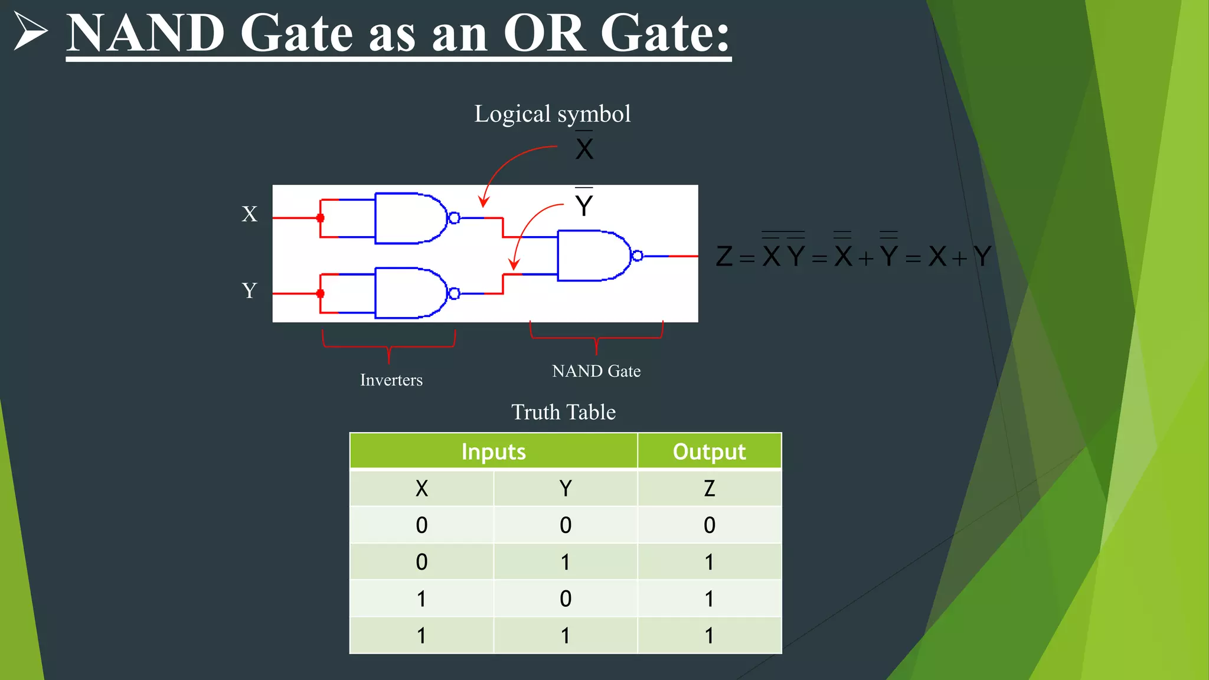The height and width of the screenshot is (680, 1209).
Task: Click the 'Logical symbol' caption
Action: point(552,113)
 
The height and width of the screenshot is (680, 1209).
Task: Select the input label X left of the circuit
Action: point(250,214)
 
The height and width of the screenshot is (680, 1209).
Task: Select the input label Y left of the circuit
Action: point(250,290)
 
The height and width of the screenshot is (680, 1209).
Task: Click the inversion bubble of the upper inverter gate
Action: point(454,218)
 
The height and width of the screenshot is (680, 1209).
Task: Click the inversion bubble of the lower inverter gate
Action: point(454,293)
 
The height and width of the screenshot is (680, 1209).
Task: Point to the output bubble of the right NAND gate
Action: point(637,256)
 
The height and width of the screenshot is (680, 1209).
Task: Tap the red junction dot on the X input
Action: point(321,218)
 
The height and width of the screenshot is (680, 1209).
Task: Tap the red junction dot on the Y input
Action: point(321,293)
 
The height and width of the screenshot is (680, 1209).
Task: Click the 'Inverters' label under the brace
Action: point(391,380)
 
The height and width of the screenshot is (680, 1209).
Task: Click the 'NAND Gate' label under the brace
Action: point(596,371)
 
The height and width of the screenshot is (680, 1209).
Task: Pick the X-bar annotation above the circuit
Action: point(584,148)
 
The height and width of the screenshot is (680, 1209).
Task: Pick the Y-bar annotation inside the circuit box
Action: point(584,204)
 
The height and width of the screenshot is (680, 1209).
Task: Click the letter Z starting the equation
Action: point(724,256)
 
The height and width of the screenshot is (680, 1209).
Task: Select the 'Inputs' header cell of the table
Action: point(494,452)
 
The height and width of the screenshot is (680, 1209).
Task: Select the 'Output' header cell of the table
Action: point(709,452)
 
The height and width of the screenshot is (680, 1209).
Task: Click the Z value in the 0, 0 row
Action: point(709,525)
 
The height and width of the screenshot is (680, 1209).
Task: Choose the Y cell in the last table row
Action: point(566,635)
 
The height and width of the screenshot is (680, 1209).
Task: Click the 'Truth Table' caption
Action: point(563,412)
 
